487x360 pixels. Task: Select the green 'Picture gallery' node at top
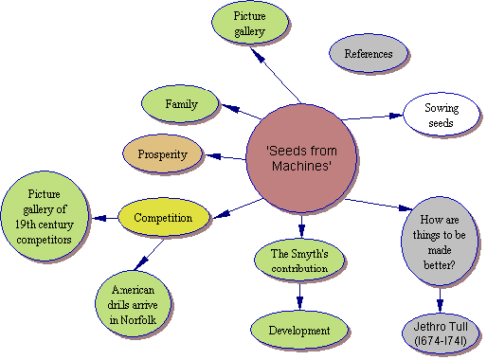[250, 24]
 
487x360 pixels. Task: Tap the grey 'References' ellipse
[368, 54]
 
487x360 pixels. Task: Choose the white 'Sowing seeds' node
[439, 116]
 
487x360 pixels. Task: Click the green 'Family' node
[181, 104]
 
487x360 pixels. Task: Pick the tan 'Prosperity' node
[163, 154]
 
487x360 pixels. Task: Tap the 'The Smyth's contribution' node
[298, 261]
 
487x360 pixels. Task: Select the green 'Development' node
[298, 331]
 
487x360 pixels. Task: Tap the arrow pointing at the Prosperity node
[225, 157]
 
